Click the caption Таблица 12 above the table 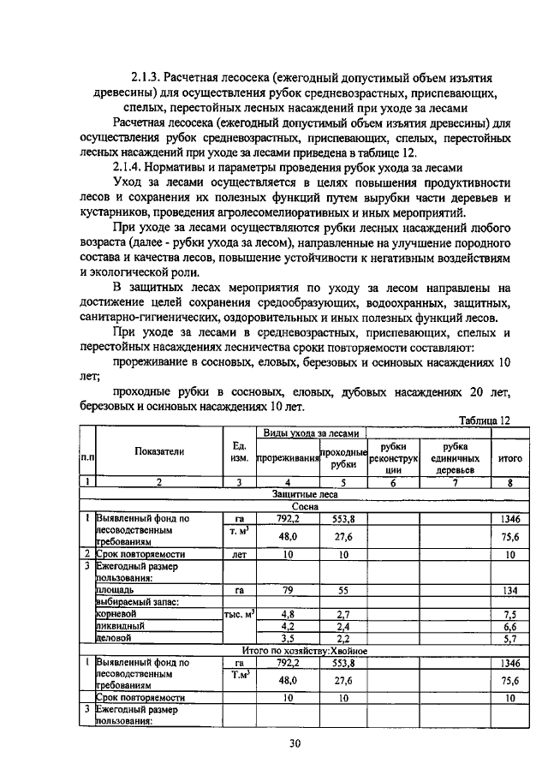coord(484,420)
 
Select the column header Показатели coord(158,452)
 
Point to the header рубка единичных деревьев coord(455,459)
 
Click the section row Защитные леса coord(304,495)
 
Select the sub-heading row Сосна coord(304,506)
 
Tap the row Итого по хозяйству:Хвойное coord(304,651)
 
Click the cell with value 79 coord(288,590)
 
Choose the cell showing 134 coord(509,590)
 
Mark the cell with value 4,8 coord(288,615)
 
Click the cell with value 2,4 coord(343,627)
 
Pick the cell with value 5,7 coord(509,639)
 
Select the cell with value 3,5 coord(288,639)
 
